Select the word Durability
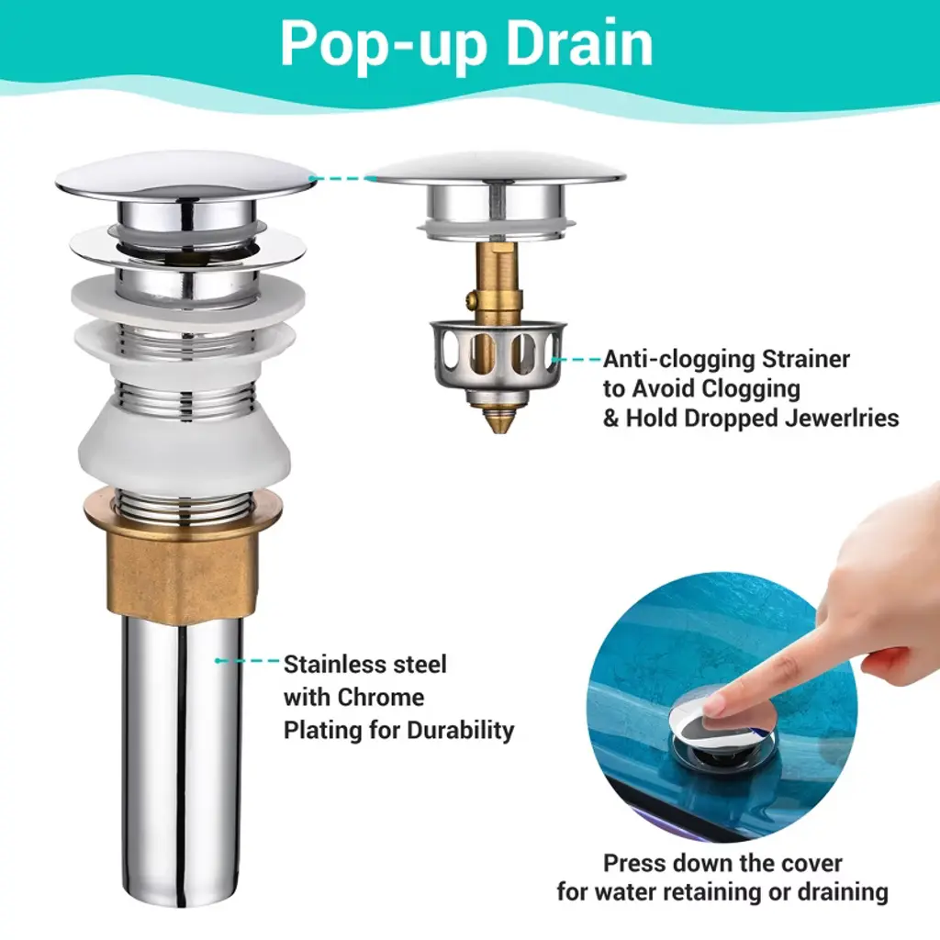[x=461, y=731]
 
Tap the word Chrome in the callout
[x=380, y=698]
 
